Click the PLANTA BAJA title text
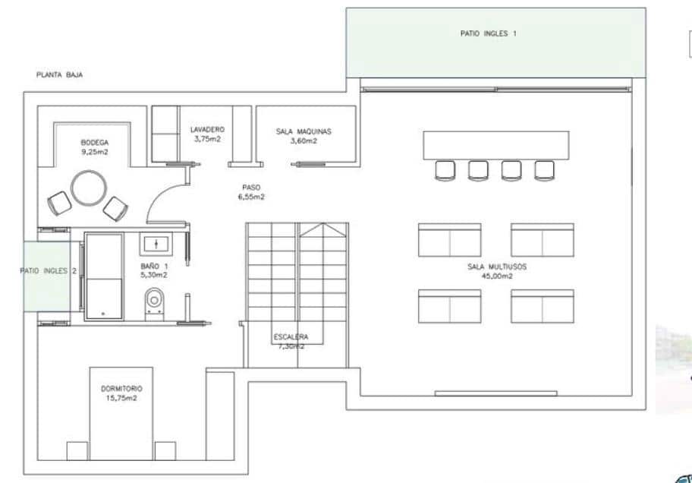coord(59,75)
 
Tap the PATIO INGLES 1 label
coord(489,33)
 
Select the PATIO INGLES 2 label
coord(48,271)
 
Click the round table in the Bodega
coord(89,188)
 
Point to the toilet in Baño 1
coord(154,299)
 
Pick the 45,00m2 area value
coord(497,276)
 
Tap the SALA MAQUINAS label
coord(303,131)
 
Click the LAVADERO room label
coord(207,130)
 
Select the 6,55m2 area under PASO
coord(251,197)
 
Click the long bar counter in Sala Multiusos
coord(495,145)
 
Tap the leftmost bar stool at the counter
coord(445,170)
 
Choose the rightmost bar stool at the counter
coord(544,170)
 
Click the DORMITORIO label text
coord(121,389)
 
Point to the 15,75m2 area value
coord(121,398)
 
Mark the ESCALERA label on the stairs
coord(291,337)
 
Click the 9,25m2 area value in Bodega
coord(96,152)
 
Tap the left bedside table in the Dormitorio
coord(77,451)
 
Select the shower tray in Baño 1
coord(104,275)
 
